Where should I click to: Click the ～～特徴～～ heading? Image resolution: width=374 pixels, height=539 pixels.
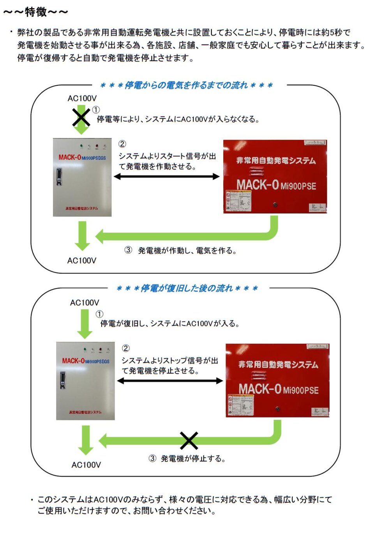[x=36, y=12]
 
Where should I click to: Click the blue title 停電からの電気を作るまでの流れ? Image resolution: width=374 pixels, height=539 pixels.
[x=186, y=85]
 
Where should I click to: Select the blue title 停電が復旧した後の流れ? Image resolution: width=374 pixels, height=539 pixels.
[x=187, y=288]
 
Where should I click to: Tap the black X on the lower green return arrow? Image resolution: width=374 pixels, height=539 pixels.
[x=189, y=440]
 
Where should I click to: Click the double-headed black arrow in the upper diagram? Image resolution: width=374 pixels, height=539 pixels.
[x=166, y=177]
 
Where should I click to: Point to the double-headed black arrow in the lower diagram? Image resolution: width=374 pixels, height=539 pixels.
[x=170, y=381]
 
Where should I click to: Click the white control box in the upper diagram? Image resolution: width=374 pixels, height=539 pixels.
[x=82, y=177]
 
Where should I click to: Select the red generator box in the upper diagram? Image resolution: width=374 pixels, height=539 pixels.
[x=275, y=177]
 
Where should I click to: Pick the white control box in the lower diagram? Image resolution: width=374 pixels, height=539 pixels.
[x=85, y=381]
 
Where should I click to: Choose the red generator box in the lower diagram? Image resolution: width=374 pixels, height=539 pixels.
[x=277, y=380]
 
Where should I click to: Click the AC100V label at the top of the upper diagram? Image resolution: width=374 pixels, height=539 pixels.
[x=82, y=98]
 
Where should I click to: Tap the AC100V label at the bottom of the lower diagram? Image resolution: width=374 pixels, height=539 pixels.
[x=86, y=465]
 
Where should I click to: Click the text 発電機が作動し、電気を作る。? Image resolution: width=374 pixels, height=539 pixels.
[x=187, y=251]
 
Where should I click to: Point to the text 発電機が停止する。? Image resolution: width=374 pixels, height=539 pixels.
[x=193, y=459]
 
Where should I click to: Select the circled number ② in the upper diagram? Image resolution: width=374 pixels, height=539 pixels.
[x=122, y=144]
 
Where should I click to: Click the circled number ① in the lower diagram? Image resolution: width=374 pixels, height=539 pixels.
[x=99, y=314]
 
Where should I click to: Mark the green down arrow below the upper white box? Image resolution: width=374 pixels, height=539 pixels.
[x=82, y=235]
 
